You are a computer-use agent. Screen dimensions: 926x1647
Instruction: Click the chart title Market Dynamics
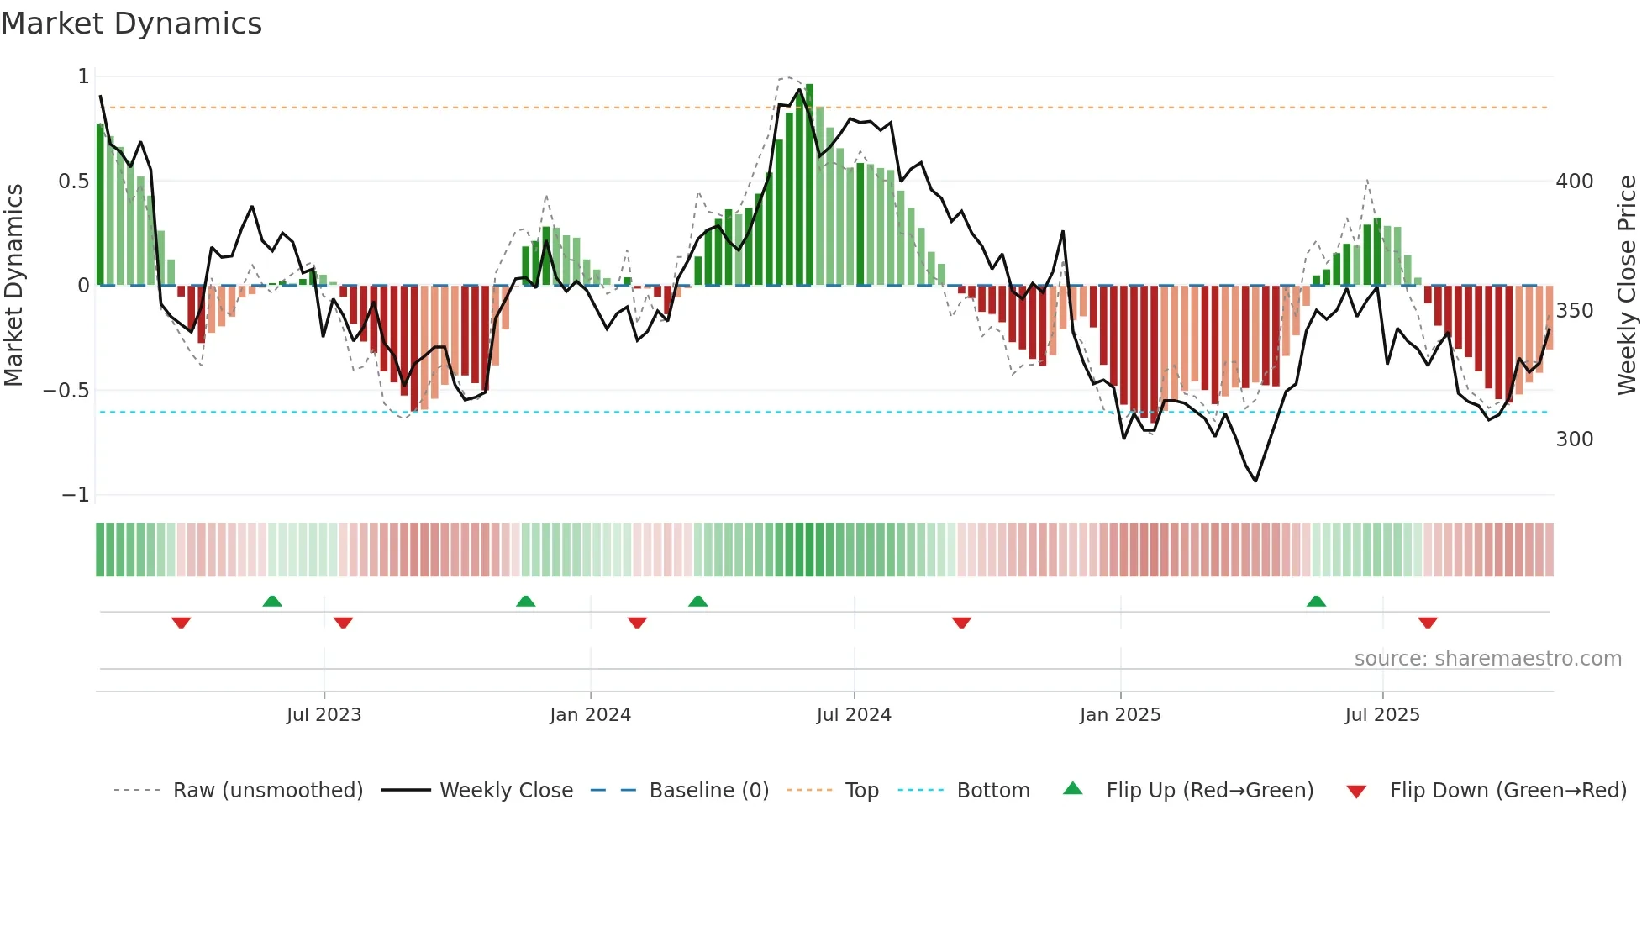click(x=132, y=24)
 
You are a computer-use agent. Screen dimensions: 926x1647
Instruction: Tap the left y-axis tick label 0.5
click(x=73, y=182)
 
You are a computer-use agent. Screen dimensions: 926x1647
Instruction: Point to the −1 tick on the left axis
click(x=76, y=495)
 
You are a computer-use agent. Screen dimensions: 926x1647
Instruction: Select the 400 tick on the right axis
click(x=1575, y=182)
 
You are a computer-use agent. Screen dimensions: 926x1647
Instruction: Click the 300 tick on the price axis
click(x=1575, y=439)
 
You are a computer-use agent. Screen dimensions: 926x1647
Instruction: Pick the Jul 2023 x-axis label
click(x=324, y=715)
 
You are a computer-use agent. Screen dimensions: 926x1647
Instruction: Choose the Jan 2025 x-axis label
click(x=1120, y=715)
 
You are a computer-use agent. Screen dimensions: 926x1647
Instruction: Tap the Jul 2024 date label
click(x=854, y=715)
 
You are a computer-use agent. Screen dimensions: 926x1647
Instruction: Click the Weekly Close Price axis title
click(x=1627, y=285)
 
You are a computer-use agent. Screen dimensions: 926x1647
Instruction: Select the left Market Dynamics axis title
click(x=13, y=285)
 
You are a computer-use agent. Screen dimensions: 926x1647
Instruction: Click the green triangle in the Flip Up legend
click(x=1073, y=788)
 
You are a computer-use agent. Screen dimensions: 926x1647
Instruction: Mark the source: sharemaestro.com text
click(x=1487, y=659)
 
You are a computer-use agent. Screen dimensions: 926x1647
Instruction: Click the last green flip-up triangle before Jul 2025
click(x=1316, y=602)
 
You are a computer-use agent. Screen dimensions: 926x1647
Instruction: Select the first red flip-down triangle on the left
click(x=181, y=622)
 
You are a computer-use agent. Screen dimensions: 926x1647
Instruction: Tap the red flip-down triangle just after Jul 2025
click(x=1428, y=622)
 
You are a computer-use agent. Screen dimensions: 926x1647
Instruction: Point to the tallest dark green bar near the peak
click(x=809, y=185)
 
